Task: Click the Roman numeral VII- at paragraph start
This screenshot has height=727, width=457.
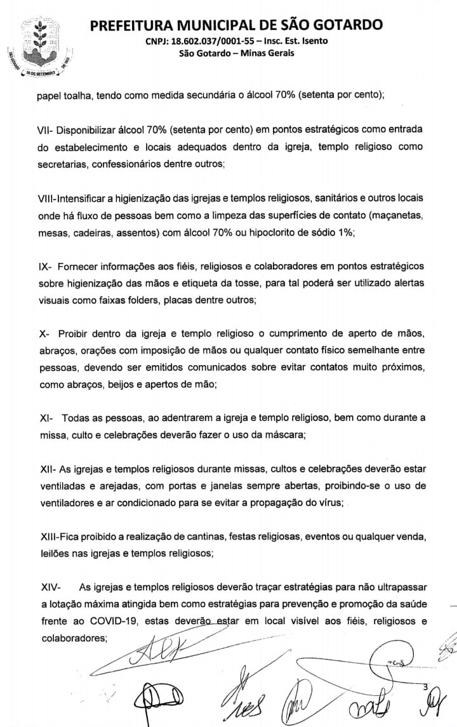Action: click(46, 130)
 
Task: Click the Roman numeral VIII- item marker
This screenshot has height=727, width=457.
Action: click(48, 199)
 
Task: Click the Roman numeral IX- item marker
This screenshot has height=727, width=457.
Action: click(44, 267)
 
